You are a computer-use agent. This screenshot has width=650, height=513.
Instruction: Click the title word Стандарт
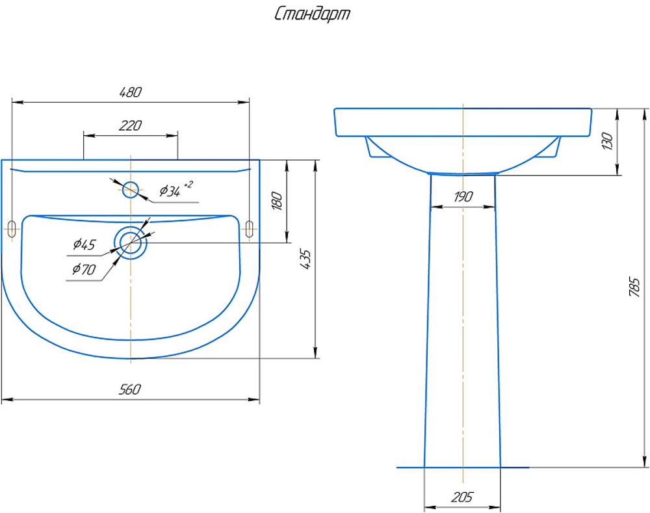click(312, 14)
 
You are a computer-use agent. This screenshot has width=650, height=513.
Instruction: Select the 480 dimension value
click(130, 92)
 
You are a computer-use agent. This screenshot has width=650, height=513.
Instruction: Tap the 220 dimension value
click(130, 125)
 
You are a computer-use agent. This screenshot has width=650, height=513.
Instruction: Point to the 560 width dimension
click(130, 389)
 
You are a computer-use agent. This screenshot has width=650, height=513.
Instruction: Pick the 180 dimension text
click(277, 201)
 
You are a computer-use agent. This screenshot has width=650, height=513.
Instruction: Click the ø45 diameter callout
click(84, 244)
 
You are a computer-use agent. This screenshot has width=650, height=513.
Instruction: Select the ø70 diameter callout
click(84, 269)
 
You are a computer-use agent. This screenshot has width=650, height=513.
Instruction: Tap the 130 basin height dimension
click(607, 141)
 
